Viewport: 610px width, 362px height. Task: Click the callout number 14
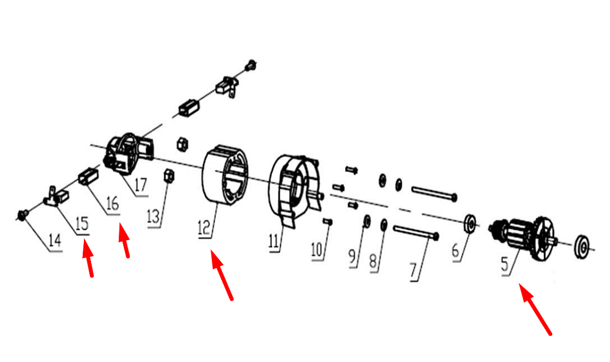pyautogui.click(x=55, y=241)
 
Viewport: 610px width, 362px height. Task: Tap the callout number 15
pyautogui.click(x=82, y=224)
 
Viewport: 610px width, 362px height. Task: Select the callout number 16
pyautogui.click(x=112, y=203)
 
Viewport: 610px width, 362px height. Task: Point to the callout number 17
pyautogui.click(x=140, y=185)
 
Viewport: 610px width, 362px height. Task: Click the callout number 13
pyautogui.click(x=154, y=217)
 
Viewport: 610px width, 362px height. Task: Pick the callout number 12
pyautogui.click(x=204, y=228)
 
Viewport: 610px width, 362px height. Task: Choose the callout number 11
pyautogui.click(x=274, y=241)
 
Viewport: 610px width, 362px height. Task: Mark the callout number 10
pyautogui.click(x=317, y=250)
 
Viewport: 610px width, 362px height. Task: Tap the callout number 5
pyautogui.click(x=505, y=264)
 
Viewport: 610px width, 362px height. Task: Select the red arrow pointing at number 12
pyautogui.click(x=222, y=275)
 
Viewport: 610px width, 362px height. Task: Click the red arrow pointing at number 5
pyautogui.click(x=535, y=309)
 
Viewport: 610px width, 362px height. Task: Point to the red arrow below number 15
pyautogui.click(x=88, y=259)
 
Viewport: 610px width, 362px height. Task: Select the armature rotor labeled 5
pyautogui.click(x=523, y=238)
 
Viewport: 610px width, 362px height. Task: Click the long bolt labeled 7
pyautogui.click(x=416, y=231)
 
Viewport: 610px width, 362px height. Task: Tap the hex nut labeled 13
pyautogui.click(x=168, y=176)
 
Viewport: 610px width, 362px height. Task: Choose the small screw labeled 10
pyautogui.click(x=327, y=222)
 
